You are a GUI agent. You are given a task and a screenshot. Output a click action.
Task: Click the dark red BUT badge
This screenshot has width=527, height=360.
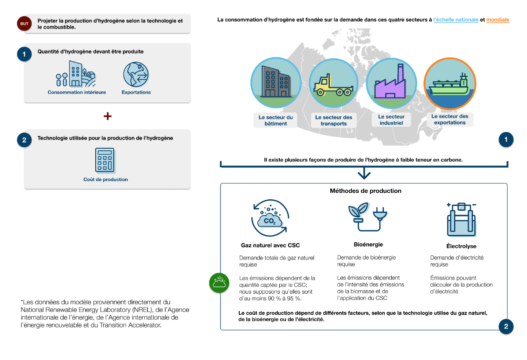coord(24,23)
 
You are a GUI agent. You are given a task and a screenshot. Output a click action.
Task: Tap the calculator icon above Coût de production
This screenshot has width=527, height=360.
coord(105,160)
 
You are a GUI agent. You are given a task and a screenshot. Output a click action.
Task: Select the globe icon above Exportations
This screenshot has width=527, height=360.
coord(136,74)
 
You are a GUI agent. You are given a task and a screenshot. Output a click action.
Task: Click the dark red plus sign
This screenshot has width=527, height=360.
coord(107,116)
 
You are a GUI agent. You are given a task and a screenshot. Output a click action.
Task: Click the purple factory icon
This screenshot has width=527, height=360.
coord(391,83)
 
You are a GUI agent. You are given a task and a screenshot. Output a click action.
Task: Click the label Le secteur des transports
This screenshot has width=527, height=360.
coord(334,120)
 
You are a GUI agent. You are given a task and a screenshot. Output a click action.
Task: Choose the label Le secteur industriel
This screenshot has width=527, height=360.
coord(391,120)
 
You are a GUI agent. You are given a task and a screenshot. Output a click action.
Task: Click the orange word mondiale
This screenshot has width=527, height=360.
coord(498,20)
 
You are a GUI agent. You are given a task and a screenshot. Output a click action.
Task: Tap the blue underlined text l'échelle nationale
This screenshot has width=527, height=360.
coord(455,20)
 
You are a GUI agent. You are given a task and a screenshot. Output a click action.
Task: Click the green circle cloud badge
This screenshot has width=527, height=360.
coord(220,283)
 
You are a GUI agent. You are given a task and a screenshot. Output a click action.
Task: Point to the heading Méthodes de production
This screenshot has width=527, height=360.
coord(365,191)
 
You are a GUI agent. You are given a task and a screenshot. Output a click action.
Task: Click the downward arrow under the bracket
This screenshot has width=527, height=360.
coord(364,174)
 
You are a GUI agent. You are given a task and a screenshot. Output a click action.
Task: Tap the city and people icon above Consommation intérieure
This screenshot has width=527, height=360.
coord(76,74)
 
